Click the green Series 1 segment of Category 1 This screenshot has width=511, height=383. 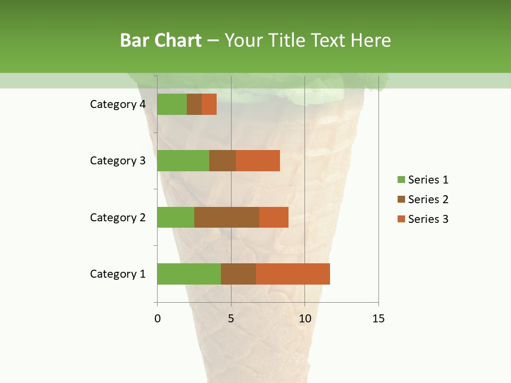[x=189, y=274]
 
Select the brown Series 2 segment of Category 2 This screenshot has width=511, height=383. [x=227, y=217]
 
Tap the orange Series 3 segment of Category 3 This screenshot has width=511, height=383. [x=258, y=161]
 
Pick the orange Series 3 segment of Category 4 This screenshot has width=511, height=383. [x=209, y=104]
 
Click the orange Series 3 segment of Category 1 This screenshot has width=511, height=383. [x=293, y=274]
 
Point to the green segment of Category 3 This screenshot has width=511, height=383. [x=183, y=161]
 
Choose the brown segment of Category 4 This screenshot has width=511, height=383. [x=194, y=104]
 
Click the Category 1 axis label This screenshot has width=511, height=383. [x=118, y=274]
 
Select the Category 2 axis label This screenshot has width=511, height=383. [x=118, y=217]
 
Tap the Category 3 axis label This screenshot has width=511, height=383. [x=118, y=161]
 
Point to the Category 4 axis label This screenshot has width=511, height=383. [x=118, y=104]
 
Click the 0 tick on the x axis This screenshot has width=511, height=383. [x=158, y=319]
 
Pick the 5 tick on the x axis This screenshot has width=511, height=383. [x=231, y=319]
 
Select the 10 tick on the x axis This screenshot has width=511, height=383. [x=304, y=319]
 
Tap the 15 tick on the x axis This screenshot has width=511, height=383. [x=378, y=319]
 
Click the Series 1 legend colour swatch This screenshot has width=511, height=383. [x=401, y=180]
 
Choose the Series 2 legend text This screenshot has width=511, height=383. [x=428, y=199]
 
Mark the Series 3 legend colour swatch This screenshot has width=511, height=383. [x=401, y=219]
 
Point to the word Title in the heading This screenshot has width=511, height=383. [x=287, y=40]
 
